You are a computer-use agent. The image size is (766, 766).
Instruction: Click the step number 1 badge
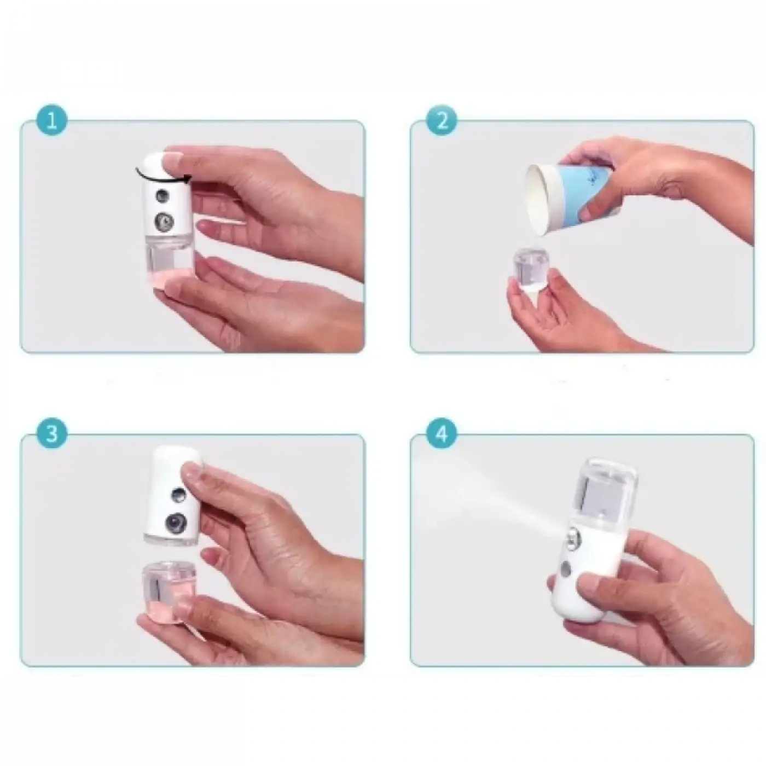(x=52, y=120)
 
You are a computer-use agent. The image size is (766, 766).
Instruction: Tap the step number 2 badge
(x=442, y=120)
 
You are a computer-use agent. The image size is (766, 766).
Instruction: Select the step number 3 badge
(x=52, y=434)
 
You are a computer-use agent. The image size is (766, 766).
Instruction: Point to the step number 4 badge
(x=442, y=434)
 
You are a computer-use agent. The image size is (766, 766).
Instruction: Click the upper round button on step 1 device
(x=161, y=195)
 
